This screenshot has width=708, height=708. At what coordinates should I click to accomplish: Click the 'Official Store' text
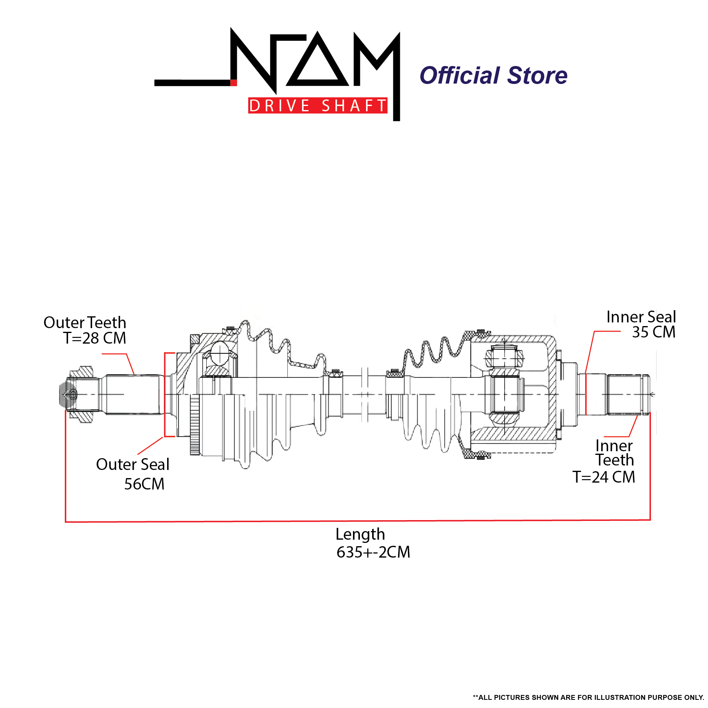coord(493,75)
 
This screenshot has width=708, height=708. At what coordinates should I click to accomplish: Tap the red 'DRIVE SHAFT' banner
coord(318,106)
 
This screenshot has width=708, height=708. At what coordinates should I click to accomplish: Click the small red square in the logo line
coord(234,83)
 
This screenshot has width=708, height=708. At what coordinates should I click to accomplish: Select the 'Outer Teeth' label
coord(85,322)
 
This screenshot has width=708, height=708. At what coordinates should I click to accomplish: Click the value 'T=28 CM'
coord(95,338)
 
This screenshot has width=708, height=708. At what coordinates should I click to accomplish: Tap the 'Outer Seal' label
coord(133,464)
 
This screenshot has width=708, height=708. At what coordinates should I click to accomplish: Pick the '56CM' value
coord(144,484)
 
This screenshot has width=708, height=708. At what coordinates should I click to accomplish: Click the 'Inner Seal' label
coord(641,317)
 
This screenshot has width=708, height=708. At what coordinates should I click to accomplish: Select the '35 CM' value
coord(654,332)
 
